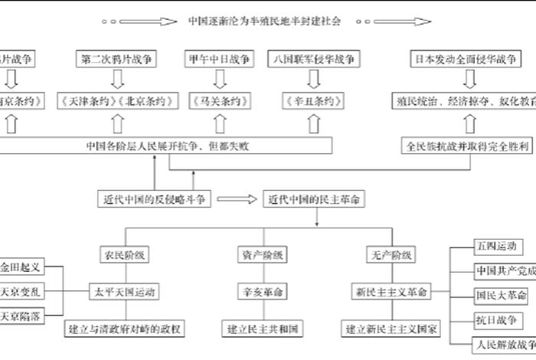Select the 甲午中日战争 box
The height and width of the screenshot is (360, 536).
[x=219, y=58]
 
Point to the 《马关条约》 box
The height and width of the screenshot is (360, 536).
[x=219, y=100]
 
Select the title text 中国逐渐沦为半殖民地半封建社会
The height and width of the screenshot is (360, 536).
[x=264, y=21]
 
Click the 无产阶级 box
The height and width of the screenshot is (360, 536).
[x=391, y=254]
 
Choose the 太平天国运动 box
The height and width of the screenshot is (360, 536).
[x=124, y=292]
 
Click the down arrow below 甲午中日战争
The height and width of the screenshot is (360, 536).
[x=219, y=79]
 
